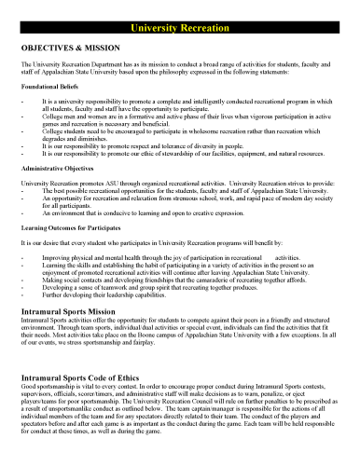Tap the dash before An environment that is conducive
click(21, 213)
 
